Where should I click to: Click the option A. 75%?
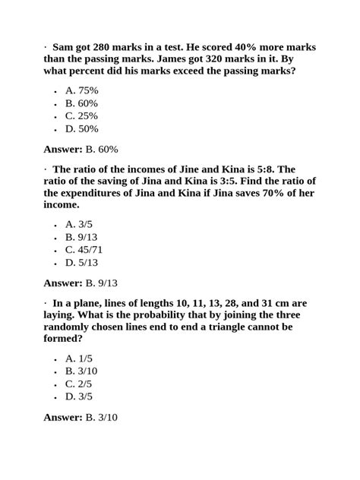point(82,90)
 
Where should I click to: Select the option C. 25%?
point(82,115)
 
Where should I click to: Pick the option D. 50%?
point(82,128)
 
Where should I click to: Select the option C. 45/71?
point(84,250)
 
